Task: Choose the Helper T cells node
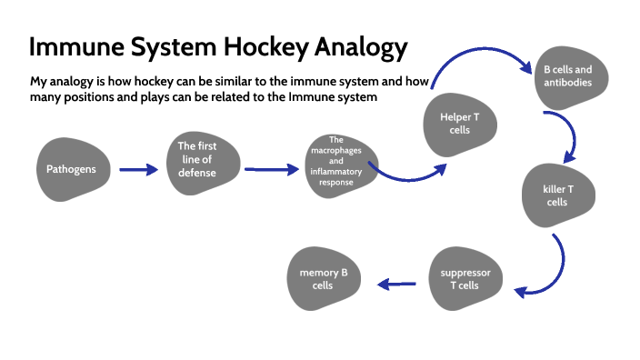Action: [x=460, y=124]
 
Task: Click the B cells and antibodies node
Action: [x=568, y=75]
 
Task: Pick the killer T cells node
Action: [x=557, y=195]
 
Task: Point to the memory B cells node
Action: [x=323, y=279]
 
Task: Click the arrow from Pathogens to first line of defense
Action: [x=138, y=169]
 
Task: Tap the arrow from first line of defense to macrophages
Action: [x=272, y=169]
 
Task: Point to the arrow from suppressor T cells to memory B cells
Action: [x=396, y=285]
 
